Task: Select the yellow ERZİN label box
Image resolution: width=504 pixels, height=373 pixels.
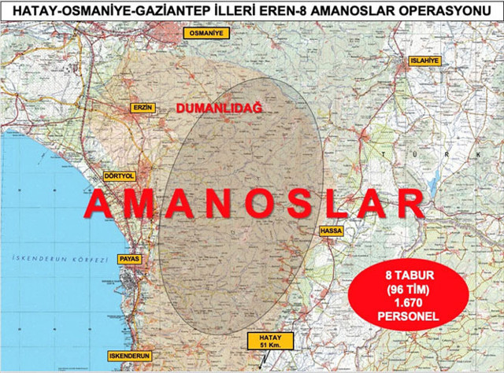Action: tap(139, 107)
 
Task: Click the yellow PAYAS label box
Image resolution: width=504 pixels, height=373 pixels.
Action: tap(128, 258)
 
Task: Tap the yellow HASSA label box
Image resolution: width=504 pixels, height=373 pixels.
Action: tap(330, 231)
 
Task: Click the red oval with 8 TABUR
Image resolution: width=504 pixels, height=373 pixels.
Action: tap(402, 296)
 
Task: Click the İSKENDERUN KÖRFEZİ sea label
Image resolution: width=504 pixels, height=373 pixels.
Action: tap(48, 258)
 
